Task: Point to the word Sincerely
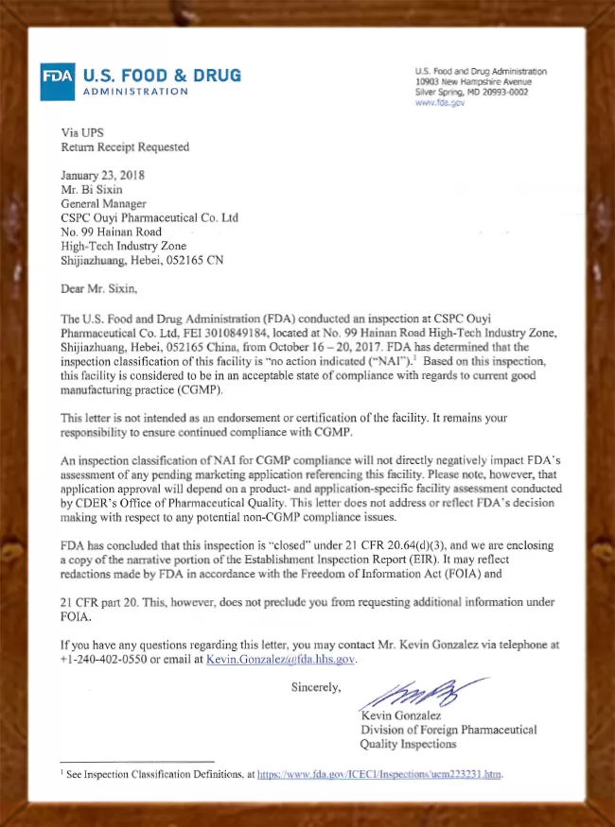[316, 687]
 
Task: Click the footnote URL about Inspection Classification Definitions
[379, 775]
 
